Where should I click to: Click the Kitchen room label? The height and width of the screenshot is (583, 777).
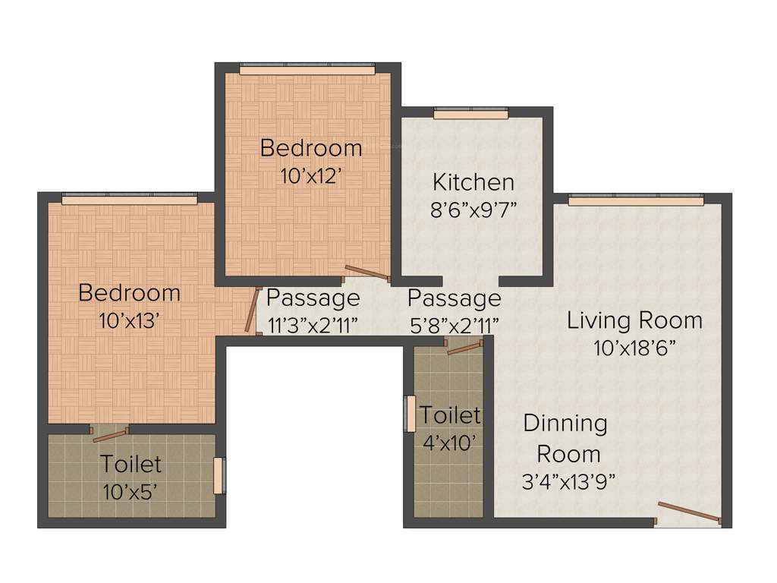pyautogui.click(x=473, y=182)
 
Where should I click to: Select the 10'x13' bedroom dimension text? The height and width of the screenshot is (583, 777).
pyautogui.click(x=129, y=321)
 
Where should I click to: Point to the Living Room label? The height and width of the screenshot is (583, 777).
pyautogui.click(x=634, y=320)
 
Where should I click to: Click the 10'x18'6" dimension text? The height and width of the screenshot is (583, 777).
pyautogui.click(x=634, y=348)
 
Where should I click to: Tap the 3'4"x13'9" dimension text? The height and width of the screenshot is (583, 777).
pyautogui.click(x=568, y=481)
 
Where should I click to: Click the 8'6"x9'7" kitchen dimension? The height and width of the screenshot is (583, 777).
pyautogui.click(x=473, y=210)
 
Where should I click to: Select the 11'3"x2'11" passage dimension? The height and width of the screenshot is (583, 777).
pyautogui.click(x=313, y=325)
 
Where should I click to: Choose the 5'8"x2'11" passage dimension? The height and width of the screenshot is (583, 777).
pyautogui.click(x=454, y=325)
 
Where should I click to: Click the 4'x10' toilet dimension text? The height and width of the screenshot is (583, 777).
pyautogui.click(x=450, y=443)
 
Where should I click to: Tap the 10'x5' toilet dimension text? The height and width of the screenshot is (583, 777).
pyautogui.click(x=131, y=491)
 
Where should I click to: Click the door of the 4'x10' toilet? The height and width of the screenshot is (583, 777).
pyautogui.click(x=464, y=348)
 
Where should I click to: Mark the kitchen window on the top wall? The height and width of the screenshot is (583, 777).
pyautogui.click(x=470, y=114)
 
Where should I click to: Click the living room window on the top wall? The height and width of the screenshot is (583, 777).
pyautogui.click(x=636, y=200)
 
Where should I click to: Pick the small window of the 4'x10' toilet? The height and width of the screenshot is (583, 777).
pyautogui.click(x=410, y=414)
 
